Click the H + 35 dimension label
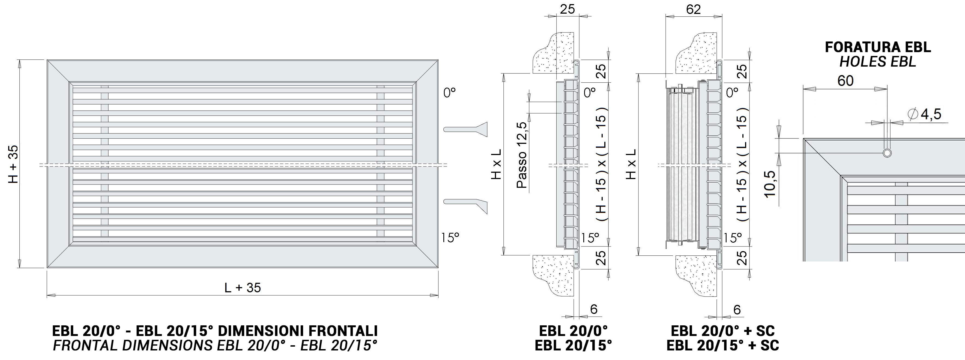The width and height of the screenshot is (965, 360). pyautogui.click(x=13, y=164)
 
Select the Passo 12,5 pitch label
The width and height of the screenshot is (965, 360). pyautogui.click(x=522, y=155)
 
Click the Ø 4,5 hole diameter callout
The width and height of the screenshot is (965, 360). pyautogui.click(x=924, y=114)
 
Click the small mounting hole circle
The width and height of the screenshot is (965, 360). pyautogui.click(x=887, y=153)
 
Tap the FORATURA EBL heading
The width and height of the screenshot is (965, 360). pyautogui.click(x=878, y=47)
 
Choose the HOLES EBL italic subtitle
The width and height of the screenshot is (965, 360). pyautogui.click(x=878, y=62)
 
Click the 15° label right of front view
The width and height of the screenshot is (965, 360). pyautogui.click(x=450, y=237)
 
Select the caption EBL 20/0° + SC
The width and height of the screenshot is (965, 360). pyautogui.click(x=723, y=331)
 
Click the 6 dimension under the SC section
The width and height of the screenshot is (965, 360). pyautogui.click(x=737, y=310)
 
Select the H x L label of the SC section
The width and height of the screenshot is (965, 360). pyautogui.click(x=631, y=164)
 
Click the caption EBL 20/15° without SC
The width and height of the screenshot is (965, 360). pyautogui.click(x=573, y=345)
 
